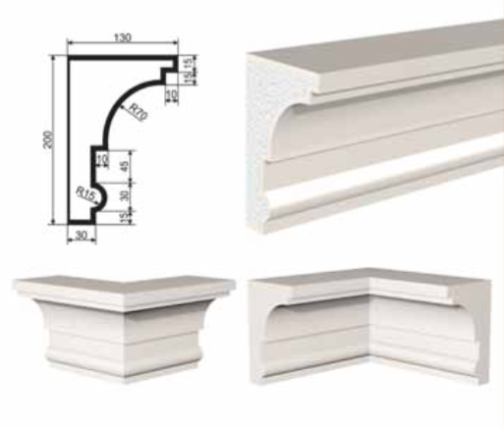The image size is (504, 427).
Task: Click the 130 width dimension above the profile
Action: point(123,37)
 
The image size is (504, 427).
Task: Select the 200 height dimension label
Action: point(48,139)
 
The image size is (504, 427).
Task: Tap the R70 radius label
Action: point(139,112)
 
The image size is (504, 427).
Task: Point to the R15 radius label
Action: point(85,193)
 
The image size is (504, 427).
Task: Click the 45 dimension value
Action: point(125,167)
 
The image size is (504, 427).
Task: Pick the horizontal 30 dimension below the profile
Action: point(81,235)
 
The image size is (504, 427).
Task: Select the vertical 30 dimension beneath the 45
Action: point(125,195)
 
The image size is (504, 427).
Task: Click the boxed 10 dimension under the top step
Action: point(172,94)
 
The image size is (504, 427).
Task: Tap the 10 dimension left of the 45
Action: point(102,160)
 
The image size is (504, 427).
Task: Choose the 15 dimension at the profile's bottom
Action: point(124,217)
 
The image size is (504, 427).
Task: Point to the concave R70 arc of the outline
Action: point(124,100)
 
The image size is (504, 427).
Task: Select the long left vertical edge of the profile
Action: point(69,140)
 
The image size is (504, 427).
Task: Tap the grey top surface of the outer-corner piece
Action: point(125,284)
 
